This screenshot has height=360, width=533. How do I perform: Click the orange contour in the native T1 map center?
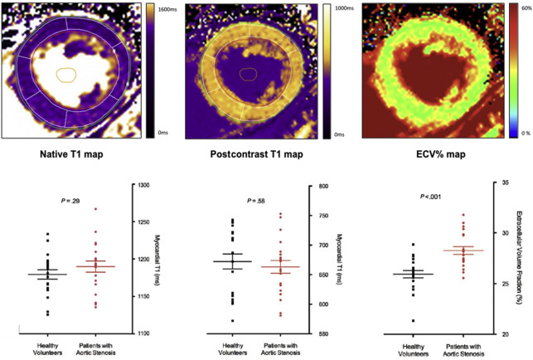pos(65,75)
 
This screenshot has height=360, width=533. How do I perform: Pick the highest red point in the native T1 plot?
pos(95,209)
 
